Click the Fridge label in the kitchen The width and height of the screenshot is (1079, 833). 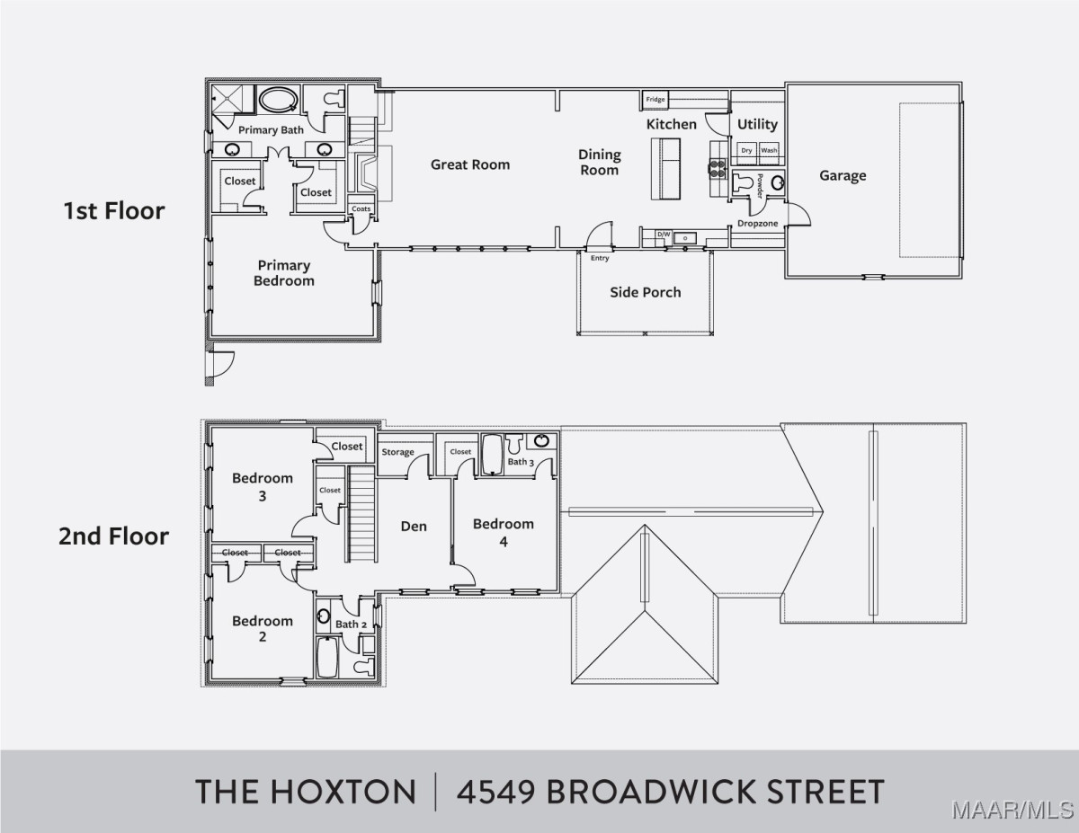[655, 100]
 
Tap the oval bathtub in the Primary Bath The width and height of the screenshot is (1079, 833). [279, 99]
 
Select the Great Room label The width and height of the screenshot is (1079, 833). [470, 164]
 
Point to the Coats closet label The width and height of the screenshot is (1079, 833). [361, 208]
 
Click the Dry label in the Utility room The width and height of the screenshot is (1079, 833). [746, 151]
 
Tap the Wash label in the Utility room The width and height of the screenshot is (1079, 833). [769, 150]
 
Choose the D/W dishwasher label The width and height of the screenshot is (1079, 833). [664, 235]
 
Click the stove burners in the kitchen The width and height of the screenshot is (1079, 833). [718, 168]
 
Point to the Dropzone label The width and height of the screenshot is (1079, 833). [757, 224]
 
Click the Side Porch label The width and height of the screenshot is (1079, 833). [646, 293]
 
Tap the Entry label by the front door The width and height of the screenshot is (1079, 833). [600, 259]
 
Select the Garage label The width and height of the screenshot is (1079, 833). [843, 175]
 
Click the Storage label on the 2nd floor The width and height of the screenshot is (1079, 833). [397, 452]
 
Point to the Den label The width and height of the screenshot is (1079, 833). [414, 527]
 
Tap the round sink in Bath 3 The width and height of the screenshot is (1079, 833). [541, 440]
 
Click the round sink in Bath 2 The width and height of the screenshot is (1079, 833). [324, 616]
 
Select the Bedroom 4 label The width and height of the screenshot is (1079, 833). [504, 533]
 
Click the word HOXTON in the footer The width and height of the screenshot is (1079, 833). [343, 793]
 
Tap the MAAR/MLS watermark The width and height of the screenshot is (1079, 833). [1013, 811]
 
